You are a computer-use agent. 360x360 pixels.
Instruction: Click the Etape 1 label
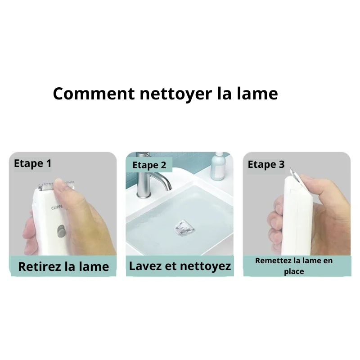click(x=32, y=163)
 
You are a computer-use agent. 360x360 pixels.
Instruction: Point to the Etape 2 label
click(x=149, y=165)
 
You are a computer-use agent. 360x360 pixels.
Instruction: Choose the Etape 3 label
click(x=266, y=165)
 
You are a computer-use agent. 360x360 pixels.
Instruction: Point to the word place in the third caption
click(x=294, y=271)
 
